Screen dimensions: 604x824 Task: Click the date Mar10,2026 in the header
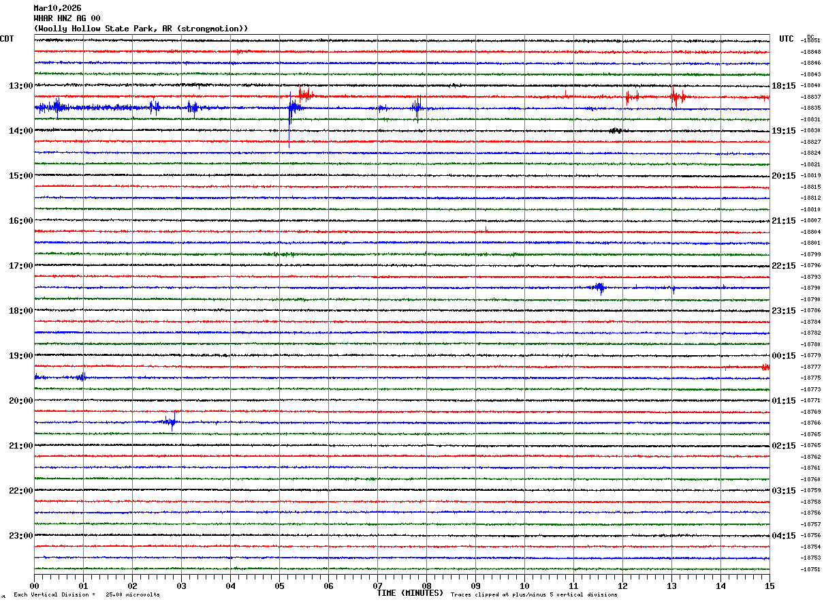click(x=57, y=8)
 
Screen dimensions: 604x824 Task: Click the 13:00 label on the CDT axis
click(x=20, y=86)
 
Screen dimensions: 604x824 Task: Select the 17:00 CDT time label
click(x=20, y=266)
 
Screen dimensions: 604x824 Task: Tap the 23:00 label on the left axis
click(x=20, y=536)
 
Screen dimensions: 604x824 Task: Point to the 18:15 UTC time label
click(x=784, y=86)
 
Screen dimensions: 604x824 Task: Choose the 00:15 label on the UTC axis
click(x=784, y=356)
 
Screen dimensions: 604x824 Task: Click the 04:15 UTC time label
click(x=784, y=536)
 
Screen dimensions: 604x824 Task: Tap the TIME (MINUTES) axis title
click(x=410, y=593)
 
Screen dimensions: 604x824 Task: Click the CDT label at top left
click(x=7, y=39)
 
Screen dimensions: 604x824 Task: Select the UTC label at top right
click(x=787, y=39)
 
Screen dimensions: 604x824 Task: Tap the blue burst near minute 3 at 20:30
click(x=170, y=422)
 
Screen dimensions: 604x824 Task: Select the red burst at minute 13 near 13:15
click(x=676, y=97)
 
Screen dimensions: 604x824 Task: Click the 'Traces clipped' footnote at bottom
click(x=534, y=594)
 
